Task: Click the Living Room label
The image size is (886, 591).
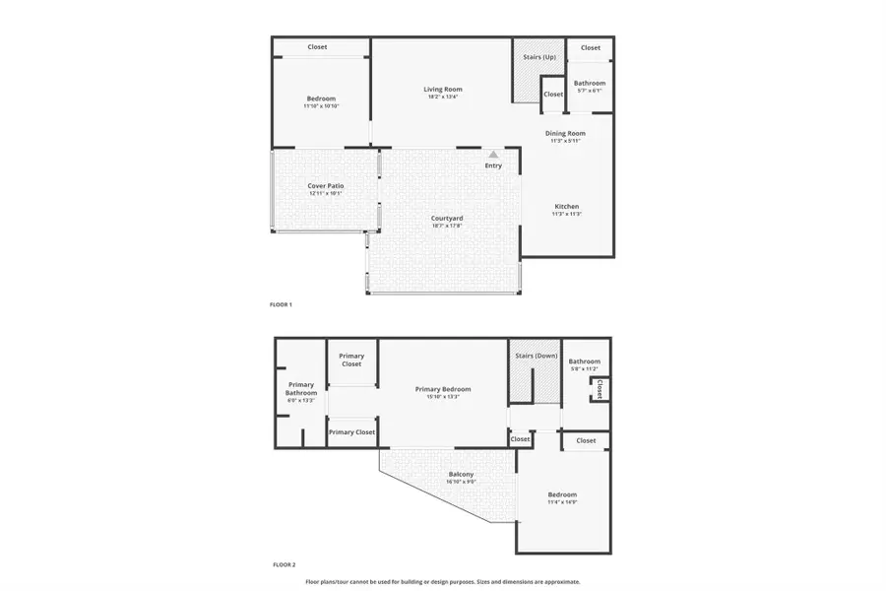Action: coord(444,89)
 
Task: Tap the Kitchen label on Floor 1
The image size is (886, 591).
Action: coord(566,206)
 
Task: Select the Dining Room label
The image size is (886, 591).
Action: coord(566,133)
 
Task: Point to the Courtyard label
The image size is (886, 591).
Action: coord(447,218)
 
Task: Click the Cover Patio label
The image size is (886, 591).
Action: coord(326,185)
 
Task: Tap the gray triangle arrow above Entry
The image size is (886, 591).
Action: coord(493,155)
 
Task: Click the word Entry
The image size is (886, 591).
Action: coord(493,165)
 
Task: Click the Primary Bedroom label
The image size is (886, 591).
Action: coord(443,388)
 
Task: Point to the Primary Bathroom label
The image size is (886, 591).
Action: coord(300,389)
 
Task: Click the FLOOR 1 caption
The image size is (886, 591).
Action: coord(282,304)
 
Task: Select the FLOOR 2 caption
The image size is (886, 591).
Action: coord(283,565)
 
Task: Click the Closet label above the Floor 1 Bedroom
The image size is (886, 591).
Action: coord(317,47)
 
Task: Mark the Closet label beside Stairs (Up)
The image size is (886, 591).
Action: coord(553,95)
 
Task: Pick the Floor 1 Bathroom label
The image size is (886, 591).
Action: coord(591,83)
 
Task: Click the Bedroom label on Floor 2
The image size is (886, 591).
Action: coord(562,494)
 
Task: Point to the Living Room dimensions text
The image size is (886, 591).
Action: coord(444,97)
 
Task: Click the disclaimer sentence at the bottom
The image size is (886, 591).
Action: coord(443,582)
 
